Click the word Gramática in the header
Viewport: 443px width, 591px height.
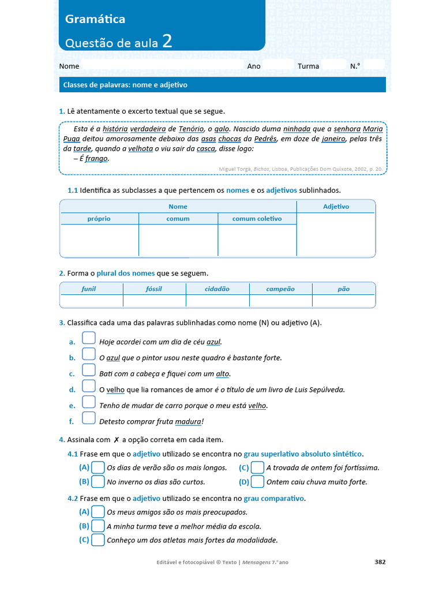(x=95, y=19)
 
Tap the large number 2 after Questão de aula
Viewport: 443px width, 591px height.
(x=167, y=41)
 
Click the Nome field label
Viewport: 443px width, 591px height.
(x=69, y=66)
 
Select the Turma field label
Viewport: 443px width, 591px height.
(x=308, y=66)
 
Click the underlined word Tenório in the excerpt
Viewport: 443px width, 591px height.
(x=191, y=130)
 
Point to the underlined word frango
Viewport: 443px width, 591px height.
(x=96, y=158)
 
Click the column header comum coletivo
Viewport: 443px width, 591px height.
(x=257, y=219)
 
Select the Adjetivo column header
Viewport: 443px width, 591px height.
(x=336, y=206)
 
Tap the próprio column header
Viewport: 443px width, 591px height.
(x=99, y=219)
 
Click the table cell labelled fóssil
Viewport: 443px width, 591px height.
(x=154, y=289)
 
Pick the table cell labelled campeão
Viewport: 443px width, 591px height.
(x=280, y=289)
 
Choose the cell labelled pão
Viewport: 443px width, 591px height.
(x=343, y=289)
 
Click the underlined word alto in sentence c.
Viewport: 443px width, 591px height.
(x=223, y=374)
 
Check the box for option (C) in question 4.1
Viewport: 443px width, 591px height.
(x=257, y=467)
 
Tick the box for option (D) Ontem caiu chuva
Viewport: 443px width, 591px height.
(x=257, y=481)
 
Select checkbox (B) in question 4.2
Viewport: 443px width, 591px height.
(x=98, y=526)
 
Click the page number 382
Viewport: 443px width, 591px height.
(x=380, y=562)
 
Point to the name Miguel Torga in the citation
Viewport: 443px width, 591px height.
(x=235, y=169)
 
